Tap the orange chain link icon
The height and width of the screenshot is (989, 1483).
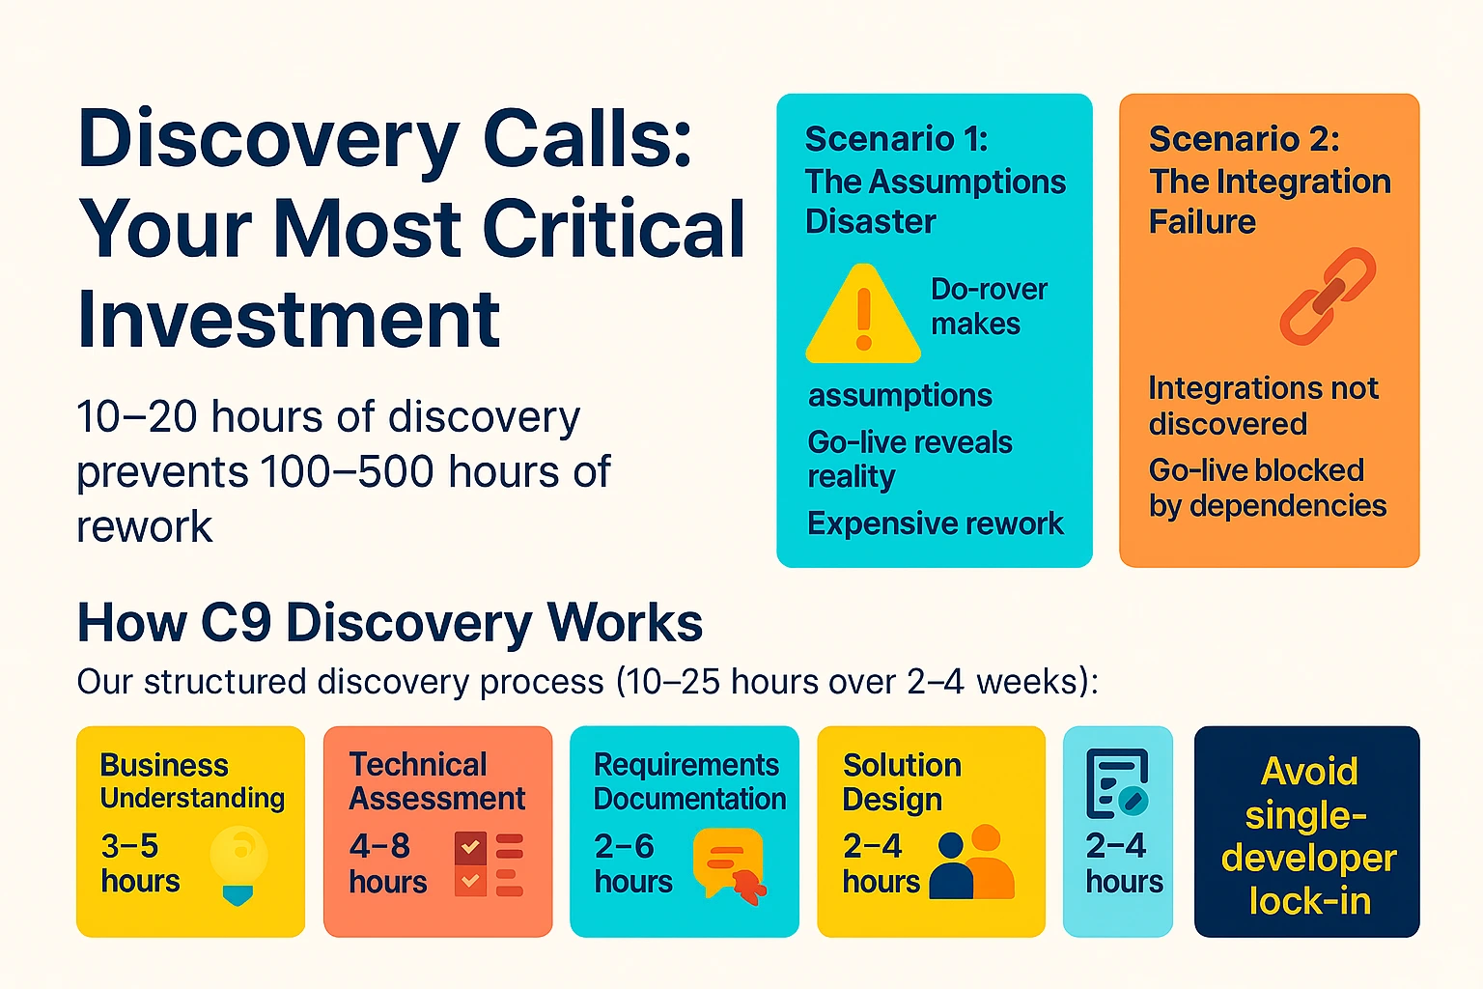[x=1328, y=296]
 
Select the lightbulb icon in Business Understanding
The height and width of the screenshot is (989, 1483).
[x=238, y=862]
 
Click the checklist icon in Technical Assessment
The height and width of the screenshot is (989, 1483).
[x=489, y=863]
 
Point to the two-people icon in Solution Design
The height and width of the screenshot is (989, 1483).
[x=971, y=862]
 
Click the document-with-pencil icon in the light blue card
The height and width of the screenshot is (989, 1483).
[x=1117, y=783]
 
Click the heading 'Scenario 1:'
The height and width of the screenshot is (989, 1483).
[x=896, y=139]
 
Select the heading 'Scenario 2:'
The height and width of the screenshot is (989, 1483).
[x=1244, y=139]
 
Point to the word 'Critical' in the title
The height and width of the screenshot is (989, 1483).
[x=614, y=229]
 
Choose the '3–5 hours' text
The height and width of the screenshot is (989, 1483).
[x=140, y=863]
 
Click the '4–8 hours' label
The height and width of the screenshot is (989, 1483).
[x=388, y=863]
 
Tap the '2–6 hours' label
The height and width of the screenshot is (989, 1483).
[x=633, y=863]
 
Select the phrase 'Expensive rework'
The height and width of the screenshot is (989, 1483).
[x=935, y=523]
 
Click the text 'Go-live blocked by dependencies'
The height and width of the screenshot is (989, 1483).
[x=1267, y=488]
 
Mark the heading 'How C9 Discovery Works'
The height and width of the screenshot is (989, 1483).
[x=390, y=623]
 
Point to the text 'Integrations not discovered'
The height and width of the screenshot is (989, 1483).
[x=1263, y=406]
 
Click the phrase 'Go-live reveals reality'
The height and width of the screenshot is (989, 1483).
[x=909, y=459]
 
